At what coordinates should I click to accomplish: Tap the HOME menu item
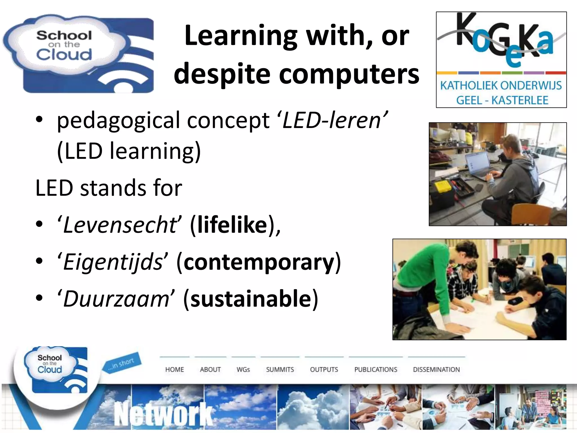(x=174, y=370)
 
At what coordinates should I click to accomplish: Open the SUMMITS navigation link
(x=280, y=370)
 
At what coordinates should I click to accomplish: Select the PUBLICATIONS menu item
(x=376, y=370)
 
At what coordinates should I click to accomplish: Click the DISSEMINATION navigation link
(x=436, y=370)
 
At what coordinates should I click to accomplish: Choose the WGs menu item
(x=243, y=370)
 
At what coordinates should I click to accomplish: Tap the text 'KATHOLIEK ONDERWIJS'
(x=501, y=85)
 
